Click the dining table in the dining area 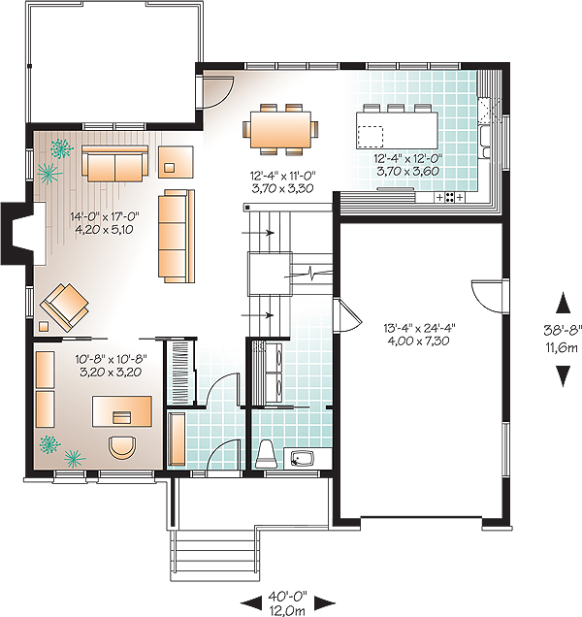point(280,129)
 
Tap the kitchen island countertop point(397,130)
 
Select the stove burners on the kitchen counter point(449,197)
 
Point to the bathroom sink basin point(303,459)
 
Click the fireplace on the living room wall point(21,233)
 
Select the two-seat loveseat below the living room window point(114,163)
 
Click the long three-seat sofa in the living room point(177,236)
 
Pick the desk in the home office point(122,411)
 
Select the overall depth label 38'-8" point(563,331)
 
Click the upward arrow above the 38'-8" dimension point(563,303)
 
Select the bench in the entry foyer point(177,438)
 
